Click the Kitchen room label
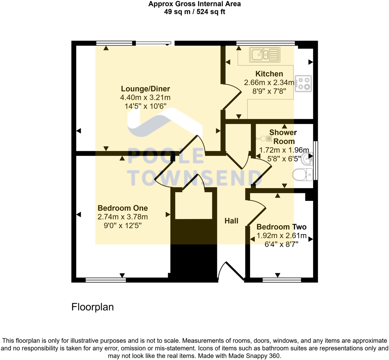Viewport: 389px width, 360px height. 269,74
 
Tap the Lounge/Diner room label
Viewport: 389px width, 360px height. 145,89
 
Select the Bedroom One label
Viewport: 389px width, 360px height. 122,208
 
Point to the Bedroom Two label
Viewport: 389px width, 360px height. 281,227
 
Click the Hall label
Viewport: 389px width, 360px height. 231,221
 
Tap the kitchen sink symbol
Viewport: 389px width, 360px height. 264,54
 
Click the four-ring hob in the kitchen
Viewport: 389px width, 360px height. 303,83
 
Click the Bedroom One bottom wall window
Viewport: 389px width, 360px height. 105,280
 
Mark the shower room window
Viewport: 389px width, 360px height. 315,160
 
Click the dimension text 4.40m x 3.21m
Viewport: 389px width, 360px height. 145,97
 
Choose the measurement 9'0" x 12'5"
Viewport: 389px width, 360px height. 122,225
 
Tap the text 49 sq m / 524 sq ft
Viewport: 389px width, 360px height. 194,12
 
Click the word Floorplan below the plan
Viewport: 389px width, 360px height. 93,307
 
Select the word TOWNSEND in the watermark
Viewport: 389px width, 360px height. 195,178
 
